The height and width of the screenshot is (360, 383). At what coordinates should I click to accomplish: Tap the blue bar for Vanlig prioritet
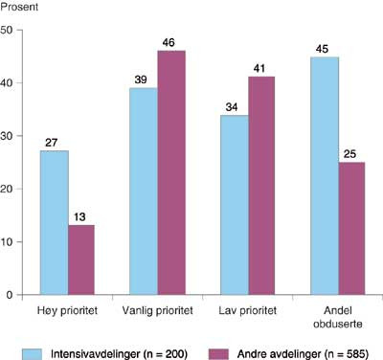144,191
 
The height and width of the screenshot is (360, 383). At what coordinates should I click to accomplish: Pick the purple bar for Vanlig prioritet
171,172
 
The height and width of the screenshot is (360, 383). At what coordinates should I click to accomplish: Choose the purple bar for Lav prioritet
259,186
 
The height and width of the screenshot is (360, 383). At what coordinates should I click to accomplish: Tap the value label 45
325,48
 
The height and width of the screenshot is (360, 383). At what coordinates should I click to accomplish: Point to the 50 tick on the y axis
8,30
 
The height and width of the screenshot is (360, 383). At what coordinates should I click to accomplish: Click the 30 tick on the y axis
8,136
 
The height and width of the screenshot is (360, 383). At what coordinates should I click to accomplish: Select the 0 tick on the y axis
11,295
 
